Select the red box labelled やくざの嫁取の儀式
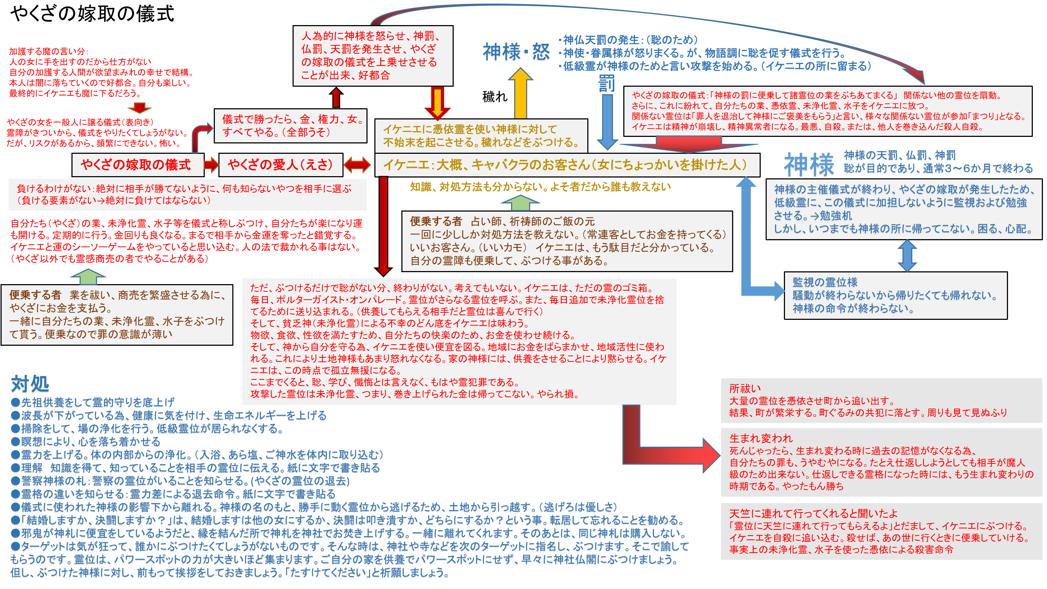pos(136,165)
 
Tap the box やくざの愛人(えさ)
pos(281,165)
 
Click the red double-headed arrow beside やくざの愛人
pos(357,165)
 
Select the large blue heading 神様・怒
pos(516,52)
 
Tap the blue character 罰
pos(606,84)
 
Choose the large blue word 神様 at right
pos(809,165)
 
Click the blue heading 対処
pos(30,384)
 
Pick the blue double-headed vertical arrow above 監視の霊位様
pos(907,255)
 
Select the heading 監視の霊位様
pos(825,282)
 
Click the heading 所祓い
pos(745,389)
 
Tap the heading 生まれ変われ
pos(761,438)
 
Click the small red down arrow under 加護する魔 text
pos(139,108)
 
